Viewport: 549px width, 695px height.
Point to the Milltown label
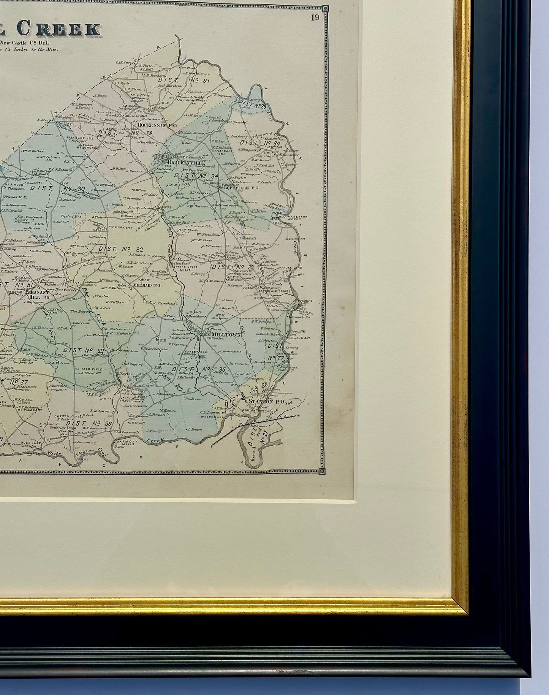click(223, 334)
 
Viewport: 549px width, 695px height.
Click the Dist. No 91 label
click(184, 81)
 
